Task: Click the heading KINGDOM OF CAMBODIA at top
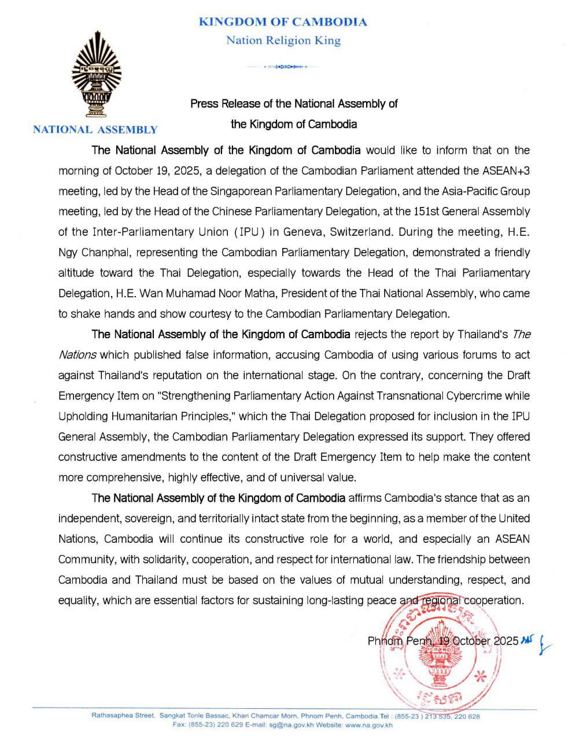click(283, 22)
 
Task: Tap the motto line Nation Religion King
click(283, 40)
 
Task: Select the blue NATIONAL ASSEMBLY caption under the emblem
click(95, 130)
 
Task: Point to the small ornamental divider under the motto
click(283, 67)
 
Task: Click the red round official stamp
click(441, 646)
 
